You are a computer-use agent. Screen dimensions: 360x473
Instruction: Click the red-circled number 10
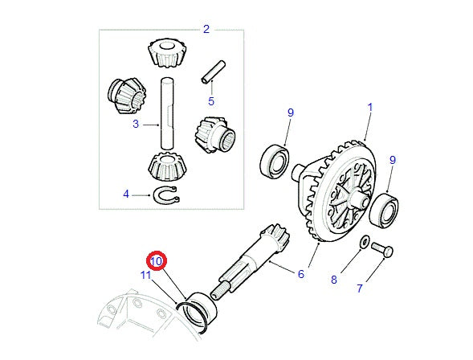pyautogui.click(x=156, y=261)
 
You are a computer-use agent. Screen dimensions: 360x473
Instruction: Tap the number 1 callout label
pyautogui.click(x=370, y=106)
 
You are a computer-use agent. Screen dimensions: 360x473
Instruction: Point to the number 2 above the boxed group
pyautogui.click(x=206, y=30)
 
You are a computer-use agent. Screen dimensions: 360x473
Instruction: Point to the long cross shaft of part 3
pyautogui.click(x=167, y=112)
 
